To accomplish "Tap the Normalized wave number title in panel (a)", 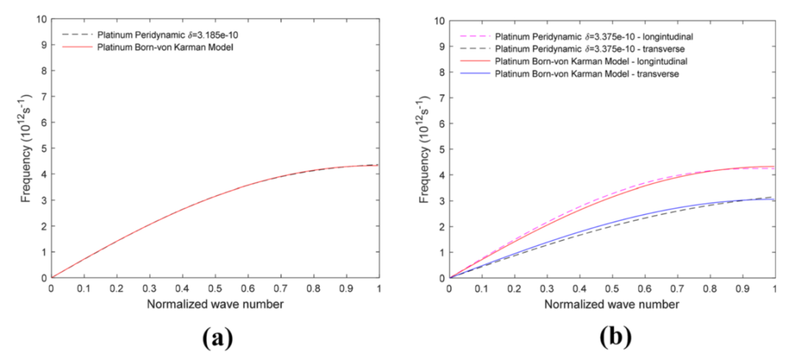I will click(x=215, y=303).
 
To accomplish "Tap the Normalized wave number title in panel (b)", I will click(x=612, y=303).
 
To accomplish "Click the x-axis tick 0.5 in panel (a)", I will click(x=215, y=288).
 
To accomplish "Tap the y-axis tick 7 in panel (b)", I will click(x=441, y=96).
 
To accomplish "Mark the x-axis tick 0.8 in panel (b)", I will click(x=710, y=288).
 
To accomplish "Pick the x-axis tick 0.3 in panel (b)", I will click(x=547, y=288).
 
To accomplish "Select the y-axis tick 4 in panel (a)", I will click(x=43, y=174).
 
